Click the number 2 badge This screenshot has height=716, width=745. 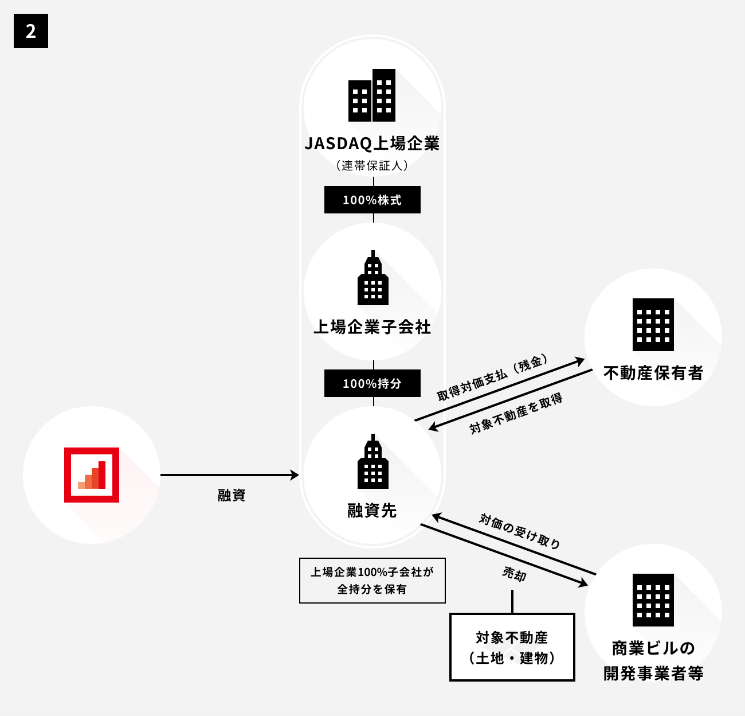(31, 31)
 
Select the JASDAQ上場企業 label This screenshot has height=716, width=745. (372, 143)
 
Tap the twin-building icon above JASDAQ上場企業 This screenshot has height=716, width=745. (372, 95)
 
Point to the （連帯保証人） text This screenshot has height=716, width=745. (372, 166)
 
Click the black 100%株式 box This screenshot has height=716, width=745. (372, 200)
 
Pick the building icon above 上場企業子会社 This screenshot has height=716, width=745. (372, 278)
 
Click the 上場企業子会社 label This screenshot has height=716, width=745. (372, 327)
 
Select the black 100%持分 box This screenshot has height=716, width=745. (372, 383)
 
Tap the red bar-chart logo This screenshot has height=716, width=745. (92, 475)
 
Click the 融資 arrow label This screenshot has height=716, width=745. (232, 495)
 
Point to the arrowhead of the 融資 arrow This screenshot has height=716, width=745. (295, 475)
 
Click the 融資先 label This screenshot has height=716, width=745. (372, 510)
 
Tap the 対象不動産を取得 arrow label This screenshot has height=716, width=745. (516, 413)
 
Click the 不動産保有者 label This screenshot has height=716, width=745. (653, 373)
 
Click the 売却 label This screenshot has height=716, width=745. (514, 573)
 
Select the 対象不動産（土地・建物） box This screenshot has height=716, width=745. (512, 647)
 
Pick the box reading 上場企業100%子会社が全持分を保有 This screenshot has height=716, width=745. (372, 580)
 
